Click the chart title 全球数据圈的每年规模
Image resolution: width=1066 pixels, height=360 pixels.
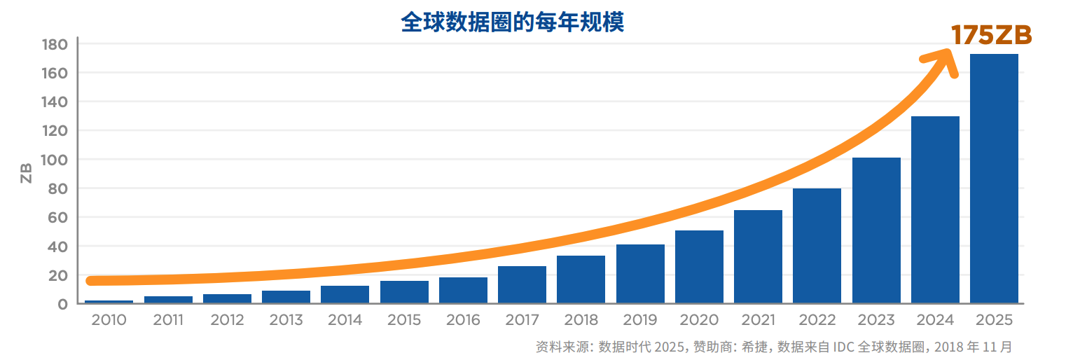(512, 22)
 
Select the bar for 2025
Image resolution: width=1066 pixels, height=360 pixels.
(994, 179)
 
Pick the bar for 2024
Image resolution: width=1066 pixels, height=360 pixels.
(935, 209)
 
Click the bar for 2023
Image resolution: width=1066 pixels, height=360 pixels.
(876, 230)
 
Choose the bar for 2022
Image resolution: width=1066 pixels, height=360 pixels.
(817, 246)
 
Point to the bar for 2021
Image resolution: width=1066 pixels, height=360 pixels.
(758, 256)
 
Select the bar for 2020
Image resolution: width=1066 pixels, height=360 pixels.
(699, 267)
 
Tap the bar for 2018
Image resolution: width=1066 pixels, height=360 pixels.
(581, 279)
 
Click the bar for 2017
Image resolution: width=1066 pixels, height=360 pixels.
(522, 284)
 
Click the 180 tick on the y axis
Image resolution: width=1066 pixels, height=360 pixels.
(54, 44)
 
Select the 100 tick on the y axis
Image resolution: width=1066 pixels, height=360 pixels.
(54, 160)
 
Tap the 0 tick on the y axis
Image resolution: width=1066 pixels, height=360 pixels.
(62, 304)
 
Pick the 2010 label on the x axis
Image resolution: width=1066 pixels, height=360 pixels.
(109, 320)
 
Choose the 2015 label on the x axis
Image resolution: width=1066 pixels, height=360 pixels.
(404, 320)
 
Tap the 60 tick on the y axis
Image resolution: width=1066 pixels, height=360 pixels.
(57, 218)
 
